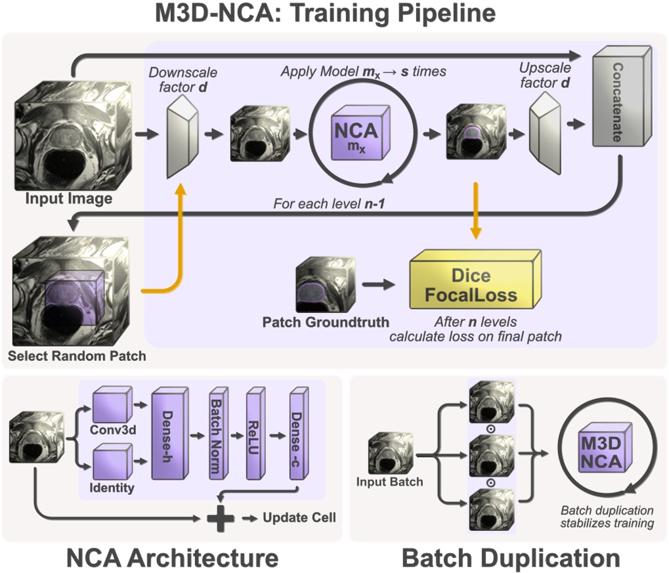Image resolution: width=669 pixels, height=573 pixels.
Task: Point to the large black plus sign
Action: click(220, 518)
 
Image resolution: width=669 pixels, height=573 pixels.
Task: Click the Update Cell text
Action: click(299, 518)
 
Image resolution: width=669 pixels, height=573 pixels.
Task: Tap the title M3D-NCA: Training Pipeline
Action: click(334, 15)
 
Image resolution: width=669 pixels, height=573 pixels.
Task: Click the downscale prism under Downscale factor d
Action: click(182, 135)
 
